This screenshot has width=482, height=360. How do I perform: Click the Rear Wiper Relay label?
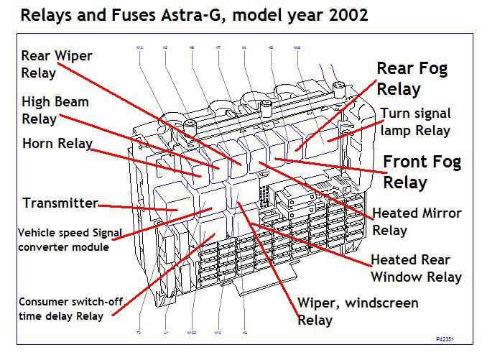[57, 63]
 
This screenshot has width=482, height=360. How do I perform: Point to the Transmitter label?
[60, 203]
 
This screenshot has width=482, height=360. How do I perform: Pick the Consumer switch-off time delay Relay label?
[60, 309]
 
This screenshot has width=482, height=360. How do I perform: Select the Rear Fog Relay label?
[412, 78]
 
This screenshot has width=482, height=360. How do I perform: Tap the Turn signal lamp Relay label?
[415, 121]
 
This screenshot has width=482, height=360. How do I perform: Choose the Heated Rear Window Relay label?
[416, 267]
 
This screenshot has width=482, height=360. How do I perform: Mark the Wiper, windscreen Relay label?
[358, 311]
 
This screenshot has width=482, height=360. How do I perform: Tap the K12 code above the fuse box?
[139, 47]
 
